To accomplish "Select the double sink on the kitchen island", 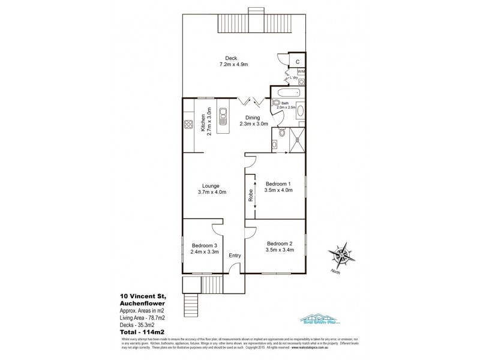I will click(223, 115).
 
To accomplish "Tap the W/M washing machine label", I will click(301, 71).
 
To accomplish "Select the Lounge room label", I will click(211, 189).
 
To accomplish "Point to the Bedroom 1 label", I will click(278, 187).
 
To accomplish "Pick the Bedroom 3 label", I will click(205, 248).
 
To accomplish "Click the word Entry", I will click(235, 256).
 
